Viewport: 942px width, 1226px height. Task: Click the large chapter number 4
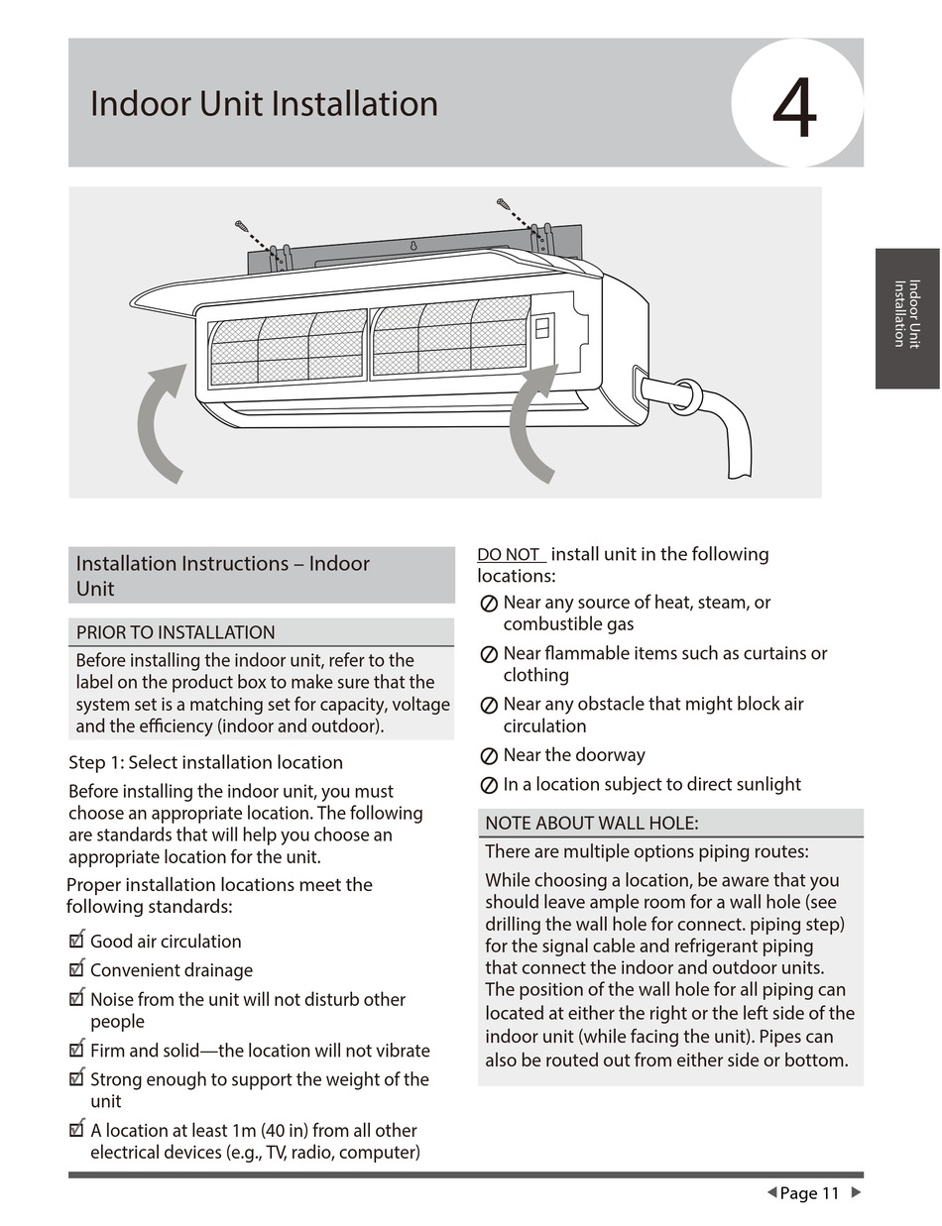click(795, 106)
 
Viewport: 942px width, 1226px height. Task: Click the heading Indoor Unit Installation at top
click(264, 104)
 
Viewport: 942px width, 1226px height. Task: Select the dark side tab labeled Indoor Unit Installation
click(906, 317)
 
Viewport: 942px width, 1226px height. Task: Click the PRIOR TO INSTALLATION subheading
click(176, 632)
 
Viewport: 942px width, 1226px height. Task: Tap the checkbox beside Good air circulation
click(76, 941)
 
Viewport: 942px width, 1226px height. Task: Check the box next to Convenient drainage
click(76, 969)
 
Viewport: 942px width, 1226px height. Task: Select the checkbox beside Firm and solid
click(76, 1050)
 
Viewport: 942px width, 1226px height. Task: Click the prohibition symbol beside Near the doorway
click(489, 756)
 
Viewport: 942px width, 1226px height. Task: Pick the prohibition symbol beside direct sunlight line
click(489, 785)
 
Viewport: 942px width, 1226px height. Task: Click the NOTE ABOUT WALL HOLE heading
click(592, 823)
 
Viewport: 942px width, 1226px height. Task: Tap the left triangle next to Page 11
click(771, 1192)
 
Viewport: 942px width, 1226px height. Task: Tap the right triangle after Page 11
click(857, 1192)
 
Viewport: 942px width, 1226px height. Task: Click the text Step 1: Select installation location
click(205, 762)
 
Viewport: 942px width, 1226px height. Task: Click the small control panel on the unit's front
click(542, 326)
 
